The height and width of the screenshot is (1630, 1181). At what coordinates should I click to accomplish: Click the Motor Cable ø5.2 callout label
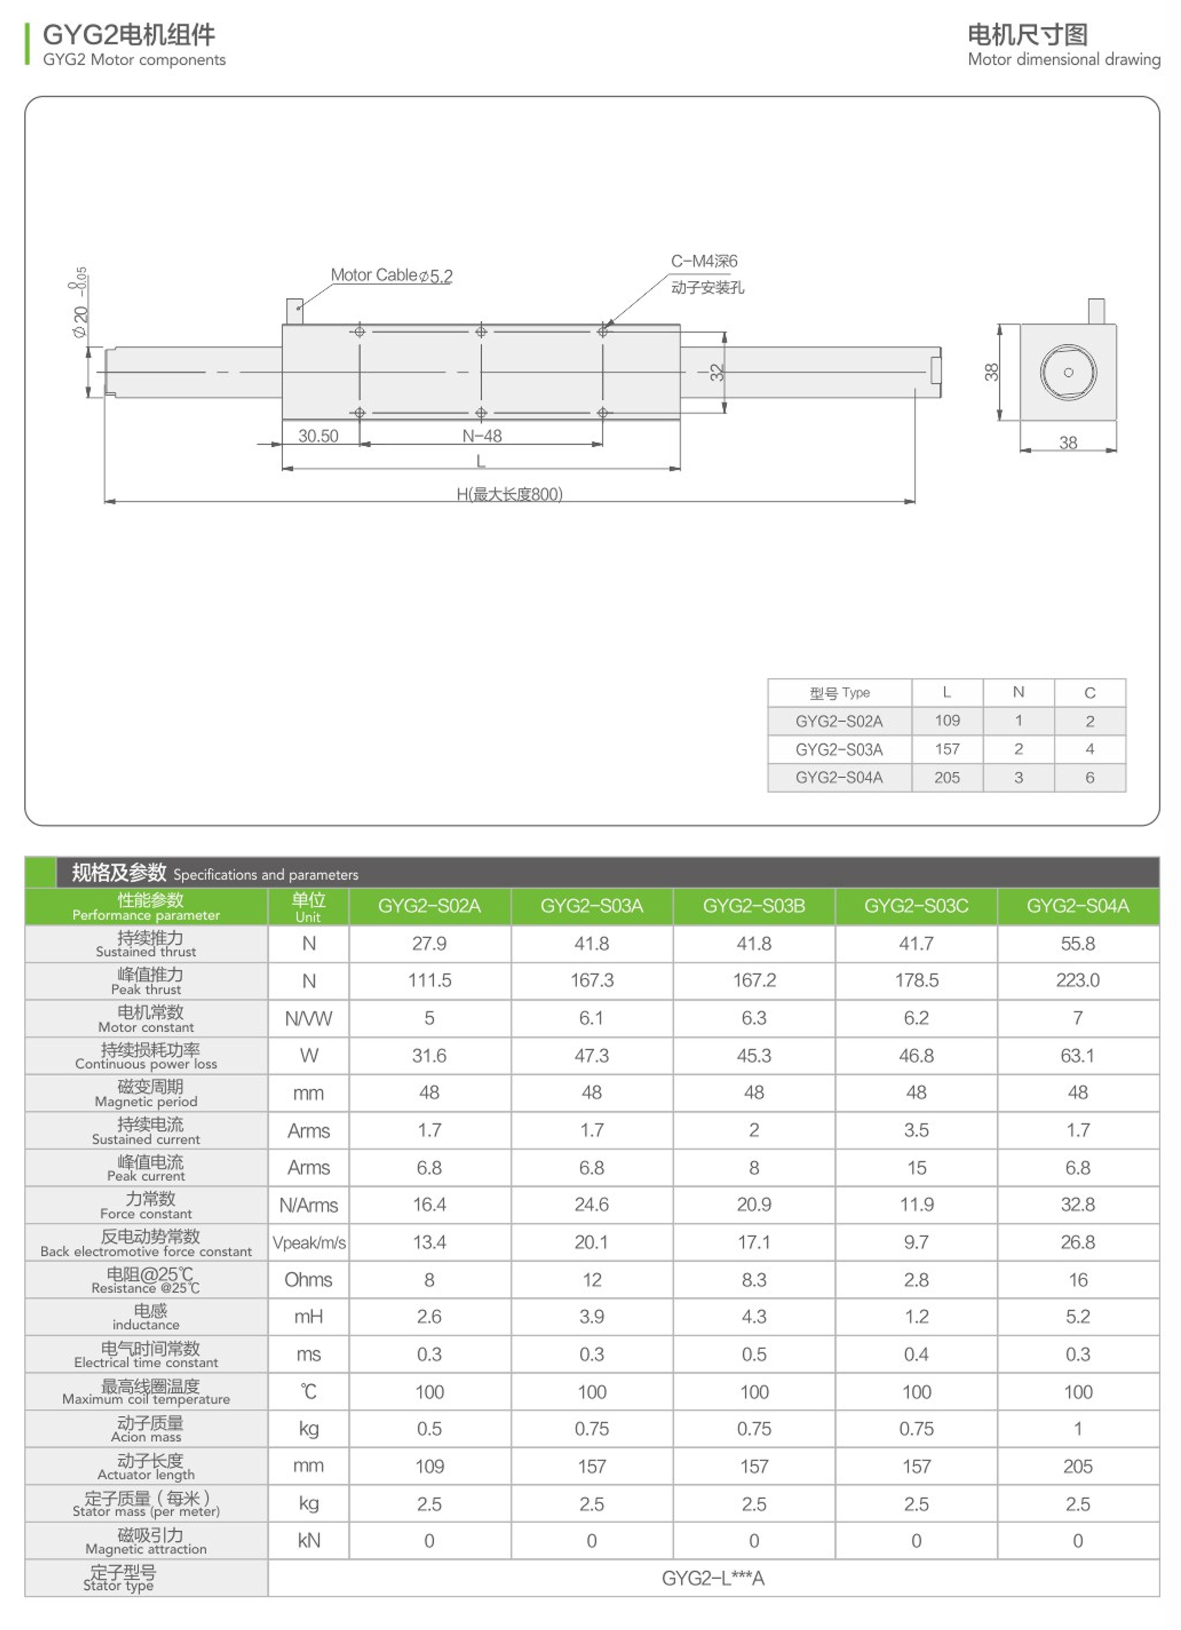[391, 276]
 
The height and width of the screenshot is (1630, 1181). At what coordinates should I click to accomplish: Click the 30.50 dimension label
[318, 435]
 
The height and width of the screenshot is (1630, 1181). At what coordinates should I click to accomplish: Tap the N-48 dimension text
[482, 435]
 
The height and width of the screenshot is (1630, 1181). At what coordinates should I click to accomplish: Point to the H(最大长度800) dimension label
[510, 494]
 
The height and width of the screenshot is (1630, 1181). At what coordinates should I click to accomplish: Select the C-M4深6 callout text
[704, 261]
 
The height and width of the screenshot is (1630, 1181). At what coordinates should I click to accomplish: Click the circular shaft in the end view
[1068, 372]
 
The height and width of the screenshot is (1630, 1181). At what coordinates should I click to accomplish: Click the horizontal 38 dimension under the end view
[1068, 443]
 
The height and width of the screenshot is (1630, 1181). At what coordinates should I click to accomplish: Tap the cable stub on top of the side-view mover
[295, 311]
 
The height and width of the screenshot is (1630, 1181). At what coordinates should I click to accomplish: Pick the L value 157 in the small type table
[947, 749]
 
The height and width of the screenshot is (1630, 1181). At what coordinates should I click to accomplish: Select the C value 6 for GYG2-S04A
[1090, 777]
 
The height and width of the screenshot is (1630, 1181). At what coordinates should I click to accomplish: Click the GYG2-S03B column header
[754, 905]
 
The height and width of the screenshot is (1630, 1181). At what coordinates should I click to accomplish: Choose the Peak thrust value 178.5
[916, 980]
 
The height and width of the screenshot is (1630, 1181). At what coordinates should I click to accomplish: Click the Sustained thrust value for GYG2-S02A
[429, 943]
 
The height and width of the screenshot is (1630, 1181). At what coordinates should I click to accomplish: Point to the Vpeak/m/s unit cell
[308, 1242]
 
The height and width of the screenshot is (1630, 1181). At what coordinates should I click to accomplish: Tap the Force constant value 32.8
[1078, 1204]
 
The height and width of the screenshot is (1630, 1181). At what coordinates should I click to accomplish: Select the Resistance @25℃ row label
[146, 1280]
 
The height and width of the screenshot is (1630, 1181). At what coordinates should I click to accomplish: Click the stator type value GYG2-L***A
[712, 1578]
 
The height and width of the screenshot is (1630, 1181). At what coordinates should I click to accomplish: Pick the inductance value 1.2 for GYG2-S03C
[916, 1317]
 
